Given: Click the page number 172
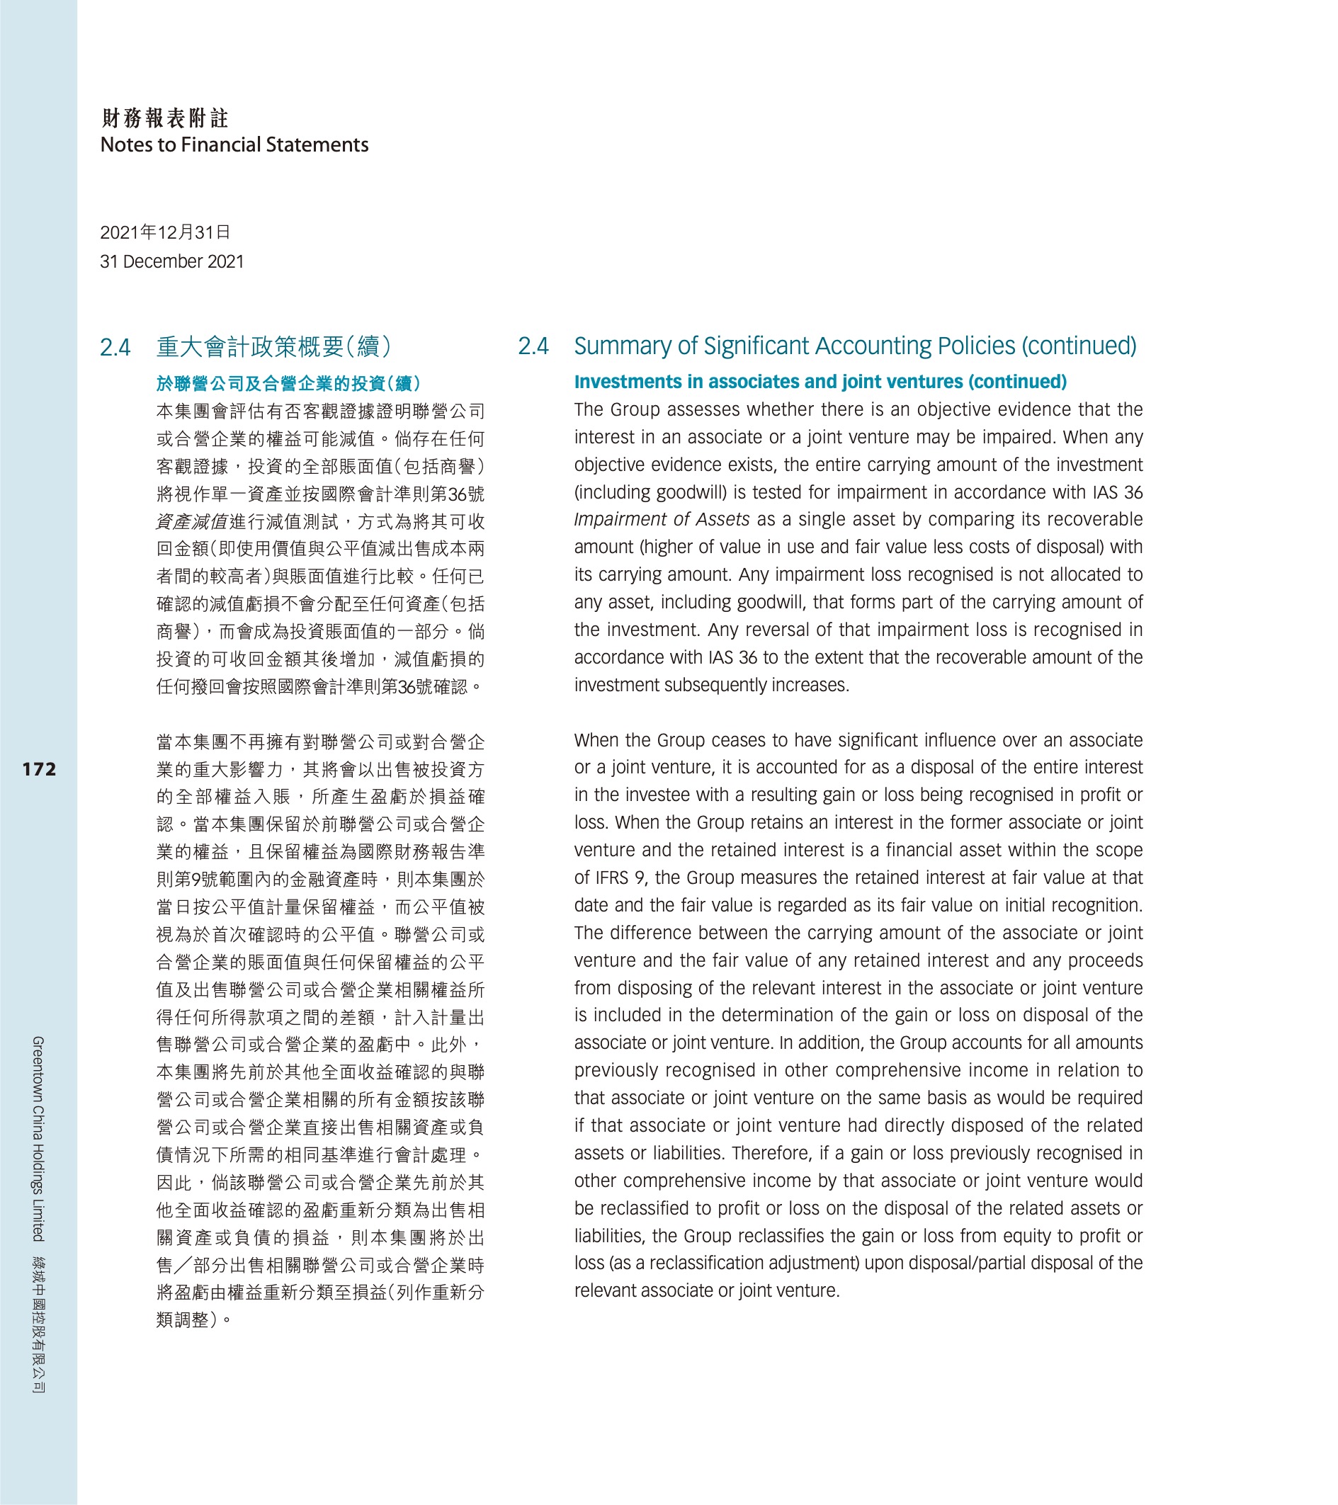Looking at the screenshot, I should point(39,769).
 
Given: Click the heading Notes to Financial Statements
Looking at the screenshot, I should point(234,144).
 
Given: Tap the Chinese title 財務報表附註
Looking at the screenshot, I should point(165,118).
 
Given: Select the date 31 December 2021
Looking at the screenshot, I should point(171,261).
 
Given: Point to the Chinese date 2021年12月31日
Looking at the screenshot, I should point(165,233).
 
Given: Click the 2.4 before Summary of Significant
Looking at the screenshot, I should point(533,346).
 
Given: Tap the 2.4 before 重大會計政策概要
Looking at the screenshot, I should point(115,347).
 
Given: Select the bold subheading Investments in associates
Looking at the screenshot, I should point(820,382).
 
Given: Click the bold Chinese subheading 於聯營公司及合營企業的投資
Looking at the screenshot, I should point(288,384).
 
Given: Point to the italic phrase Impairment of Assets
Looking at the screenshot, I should point(662,520).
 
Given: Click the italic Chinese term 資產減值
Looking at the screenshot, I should point(191,522).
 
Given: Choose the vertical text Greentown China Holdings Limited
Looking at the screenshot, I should point(38,1138).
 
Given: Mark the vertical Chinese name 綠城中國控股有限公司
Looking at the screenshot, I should point(38,1324).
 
